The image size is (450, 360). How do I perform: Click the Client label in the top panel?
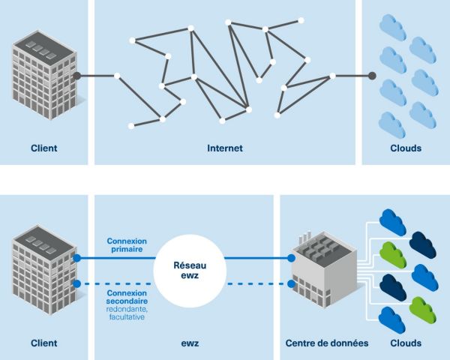tap(44, 148)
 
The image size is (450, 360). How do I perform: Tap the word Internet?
tap(224, 148)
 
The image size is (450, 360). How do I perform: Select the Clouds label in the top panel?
tap(405, 148)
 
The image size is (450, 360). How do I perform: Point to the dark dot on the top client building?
tap(76, 75)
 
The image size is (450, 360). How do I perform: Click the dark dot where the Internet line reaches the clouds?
tap(373, 75)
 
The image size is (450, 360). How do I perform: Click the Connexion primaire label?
tap(127, 245)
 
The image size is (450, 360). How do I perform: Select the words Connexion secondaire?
tap(127, 297)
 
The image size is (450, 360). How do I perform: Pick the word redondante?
tap(127, 309)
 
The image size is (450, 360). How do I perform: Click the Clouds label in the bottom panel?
tap(405, 343)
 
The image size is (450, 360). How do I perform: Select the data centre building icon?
tap(322, 266)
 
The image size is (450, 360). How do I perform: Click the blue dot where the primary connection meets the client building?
tap(76, 257)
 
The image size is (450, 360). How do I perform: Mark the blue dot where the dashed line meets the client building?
tap(76, 283)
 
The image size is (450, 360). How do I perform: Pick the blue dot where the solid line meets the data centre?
tap(292, 257)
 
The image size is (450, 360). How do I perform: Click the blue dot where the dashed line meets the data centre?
tap(292, 283)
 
